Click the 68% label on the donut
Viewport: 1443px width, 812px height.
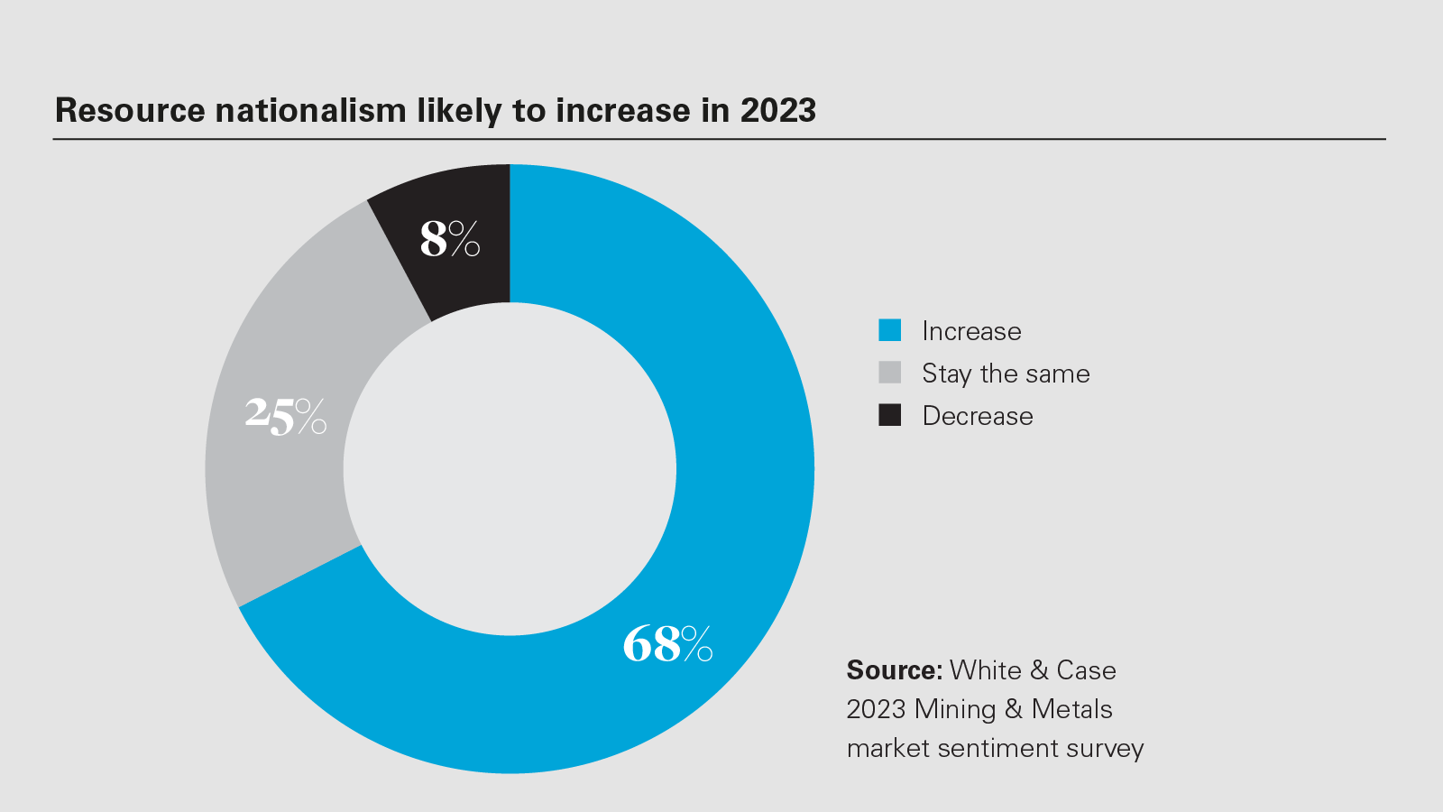(667, 644)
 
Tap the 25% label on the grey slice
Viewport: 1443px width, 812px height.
(285, 416)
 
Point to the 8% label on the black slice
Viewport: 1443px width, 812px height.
(449, 239)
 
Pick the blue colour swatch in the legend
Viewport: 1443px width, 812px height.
(890, 330)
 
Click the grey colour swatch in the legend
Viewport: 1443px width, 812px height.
(890, 373)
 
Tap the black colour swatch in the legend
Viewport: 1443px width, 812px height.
(890, 415)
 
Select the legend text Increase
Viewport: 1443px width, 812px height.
(971, 331)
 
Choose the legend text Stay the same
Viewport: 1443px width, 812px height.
(1006, 374)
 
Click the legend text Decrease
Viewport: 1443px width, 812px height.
(978, 416)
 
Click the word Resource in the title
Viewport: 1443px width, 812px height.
(131, 110)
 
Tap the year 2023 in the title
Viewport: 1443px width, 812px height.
(777, 110)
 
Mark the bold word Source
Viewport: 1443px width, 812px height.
(894, 670)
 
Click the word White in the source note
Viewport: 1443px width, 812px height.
(986, 670)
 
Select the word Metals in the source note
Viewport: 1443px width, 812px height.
(1071, 709)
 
